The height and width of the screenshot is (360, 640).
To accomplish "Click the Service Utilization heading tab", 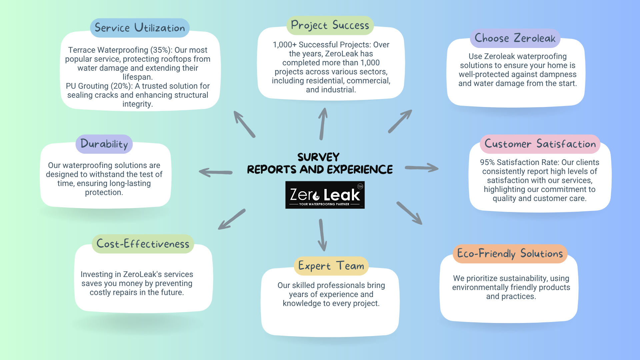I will coord(140,28).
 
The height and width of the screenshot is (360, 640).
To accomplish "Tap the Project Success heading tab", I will coord(330,25).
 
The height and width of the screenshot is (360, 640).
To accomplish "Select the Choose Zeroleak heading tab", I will coord(515,38).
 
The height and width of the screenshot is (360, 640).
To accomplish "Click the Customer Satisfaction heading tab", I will coord(540,144).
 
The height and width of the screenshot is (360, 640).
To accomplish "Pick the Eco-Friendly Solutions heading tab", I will coord(510,254).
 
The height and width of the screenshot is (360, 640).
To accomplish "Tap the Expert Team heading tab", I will coord(331,266).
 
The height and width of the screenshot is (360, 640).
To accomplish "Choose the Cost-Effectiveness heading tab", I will coord(143,244).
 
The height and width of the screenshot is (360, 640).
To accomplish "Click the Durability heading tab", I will coord(104,144).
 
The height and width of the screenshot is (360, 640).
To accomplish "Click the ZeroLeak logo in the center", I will coord(325,195).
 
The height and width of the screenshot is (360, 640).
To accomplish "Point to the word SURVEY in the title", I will coord(318,157).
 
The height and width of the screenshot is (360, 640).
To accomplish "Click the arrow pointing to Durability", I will coord(215,172).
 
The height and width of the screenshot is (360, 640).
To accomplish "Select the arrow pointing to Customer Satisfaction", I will coord(422,168).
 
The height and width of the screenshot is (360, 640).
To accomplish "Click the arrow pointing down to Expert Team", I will coord(322,235).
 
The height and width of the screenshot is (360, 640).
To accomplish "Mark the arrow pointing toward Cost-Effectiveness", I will coord(232,219).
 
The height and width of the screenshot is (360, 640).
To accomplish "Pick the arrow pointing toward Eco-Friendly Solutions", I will coord(410,213).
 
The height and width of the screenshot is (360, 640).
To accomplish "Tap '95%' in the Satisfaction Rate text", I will coord(487,162).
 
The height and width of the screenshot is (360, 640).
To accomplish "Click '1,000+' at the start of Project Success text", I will coord(285,45).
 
